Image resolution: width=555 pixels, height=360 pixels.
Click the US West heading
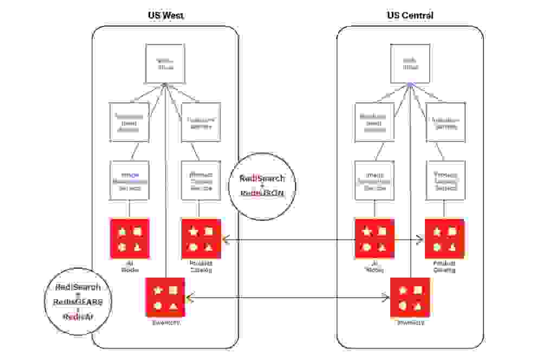[166, 15]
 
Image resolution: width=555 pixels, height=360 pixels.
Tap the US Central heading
[410, 15]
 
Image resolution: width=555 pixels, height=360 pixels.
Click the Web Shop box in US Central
[410, 63]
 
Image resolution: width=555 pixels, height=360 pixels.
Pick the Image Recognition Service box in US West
[130, 181]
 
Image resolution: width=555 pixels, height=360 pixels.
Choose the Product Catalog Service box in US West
[201, 181]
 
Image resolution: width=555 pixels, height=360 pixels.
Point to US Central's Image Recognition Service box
[375, 181]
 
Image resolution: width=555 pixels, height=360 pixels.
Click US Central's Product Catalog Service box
[446, 181]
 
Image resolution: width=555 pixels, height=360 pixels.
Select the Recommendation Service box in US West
[130, 122]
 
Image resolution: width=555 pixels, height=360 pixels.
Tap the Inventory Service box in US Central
[446, 122]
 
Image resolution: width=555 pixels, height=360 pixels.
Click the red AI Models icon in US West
[130, 239]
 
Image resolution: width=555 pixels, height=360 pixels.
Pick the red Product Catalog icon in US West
[201, 239]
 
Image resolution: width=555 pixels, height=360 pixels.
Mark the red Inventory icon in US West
[165, 297]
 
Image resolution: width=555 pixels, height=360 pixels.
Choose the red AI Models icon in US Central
[375, 239]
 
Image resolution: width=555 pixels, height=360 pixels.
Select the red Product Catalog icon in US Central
[444, 239]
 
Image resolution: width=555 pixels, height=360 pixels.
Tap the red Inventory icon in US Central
[410, 297]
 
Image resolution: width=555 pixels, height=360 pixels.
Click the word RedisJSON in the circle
[262, 192]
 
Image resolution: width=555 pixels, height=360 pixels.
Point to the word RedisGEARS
[78, 302]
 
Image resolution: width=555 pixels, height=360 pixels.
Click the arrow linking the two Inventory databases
[287, 297]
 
